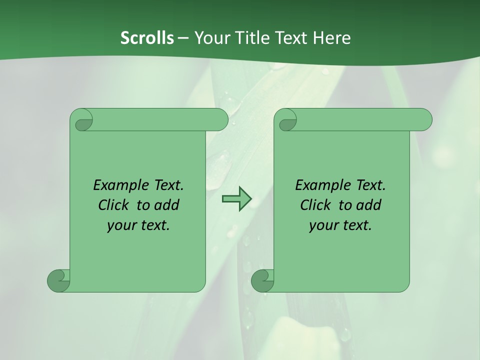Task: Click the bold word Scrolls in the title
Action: tap(147, 38)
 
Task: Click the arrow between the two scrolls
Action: tap(236, 198)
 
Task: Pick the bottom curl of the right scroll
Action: tap(263, 280)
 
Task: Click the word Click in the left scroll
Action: tap(115, 205)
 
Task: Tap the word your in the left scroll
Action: tap(120, 225)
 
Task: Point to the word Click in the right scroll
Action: tap(316, 205)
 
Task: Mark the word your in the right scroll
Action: tap(322, 225)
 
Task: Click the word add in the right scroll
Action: tap(368, 205)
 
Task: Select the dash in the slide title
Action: tap(183, 38)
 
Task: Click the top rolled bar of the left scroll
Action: tap(160, 119)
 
